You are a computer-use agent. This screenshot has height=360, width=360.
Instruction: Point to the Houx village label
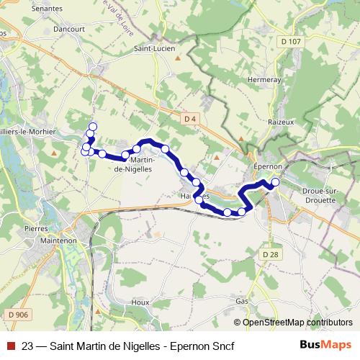(140, 302)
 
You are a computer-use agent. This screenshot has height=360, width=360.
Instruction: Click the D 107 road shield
(292, 42)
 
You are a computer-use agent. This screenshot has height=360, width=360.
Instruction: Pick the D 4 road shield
(190, 118)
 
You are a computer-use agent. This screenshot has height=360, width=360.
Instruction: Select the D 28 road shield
(270, 255)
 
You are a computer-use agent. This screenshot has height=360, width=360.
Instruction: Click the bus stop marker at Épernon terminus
(275, 182)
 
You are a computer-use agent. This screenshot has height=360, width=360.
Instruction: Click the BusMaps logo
(325, 345)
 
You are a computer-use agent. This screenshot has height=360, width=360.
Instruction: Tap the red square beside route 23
(11, 346)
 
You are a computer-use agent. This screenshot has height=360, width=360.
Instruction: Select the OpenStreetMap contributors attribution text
(297, 323)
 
